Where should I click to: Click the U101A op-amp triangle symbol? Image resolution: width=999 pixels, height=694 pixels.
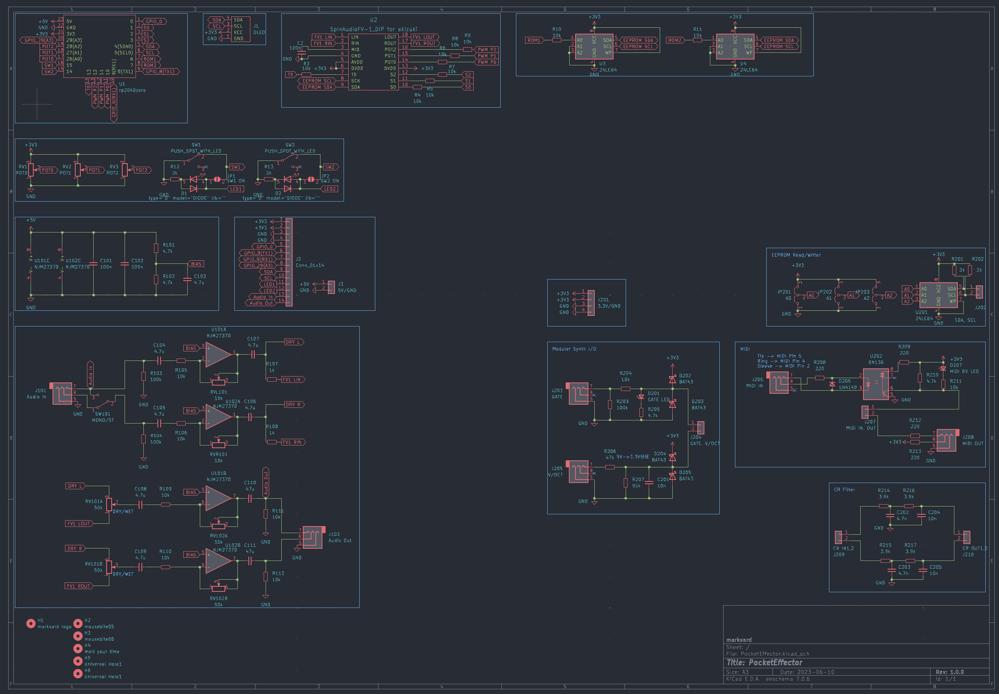click(218, 354)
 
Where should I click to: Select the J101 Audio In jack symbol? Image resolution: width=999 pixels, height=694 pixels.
click(62, 393)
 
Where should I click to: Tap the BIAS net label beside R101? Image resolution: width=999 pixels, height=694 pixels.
click(196, 264)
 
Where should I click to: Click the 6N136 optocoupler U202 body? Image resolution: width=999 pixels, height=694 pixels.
click(876, 384)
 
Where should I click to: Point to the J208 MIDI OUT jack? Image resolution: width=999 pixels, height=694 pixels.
click(946, 440)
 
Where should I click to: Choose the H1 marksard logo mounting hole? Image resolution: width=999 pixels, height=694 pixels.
click(31, 624)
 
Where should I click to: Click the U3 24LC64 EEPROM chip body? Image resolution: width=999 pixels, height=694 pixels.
click(594, 47)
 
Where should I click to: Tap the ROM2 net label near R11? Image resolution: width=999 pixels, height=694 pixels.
click(674, 40)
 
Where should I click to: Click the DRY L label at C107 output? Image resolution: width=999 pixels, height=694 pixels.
click(293, 342)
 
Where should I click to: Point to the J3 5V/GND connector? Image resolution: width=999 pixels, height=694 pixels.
click(331, 287)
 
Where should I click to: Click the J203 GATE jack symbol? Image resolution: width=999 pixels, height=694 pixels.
click(578, 393)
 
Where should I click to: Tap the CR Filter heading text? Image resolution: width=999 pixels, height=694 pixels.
click(844, 490)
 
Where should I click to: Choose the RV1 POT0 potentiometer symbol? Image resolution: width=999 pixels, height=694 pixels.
click(31, 169)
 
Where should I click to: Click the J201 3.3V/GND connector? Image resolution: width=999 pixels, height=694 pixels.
click(591, 303)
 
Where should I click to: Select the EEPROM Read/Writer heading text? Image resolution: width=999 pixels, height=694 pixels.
click(796, 255)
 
